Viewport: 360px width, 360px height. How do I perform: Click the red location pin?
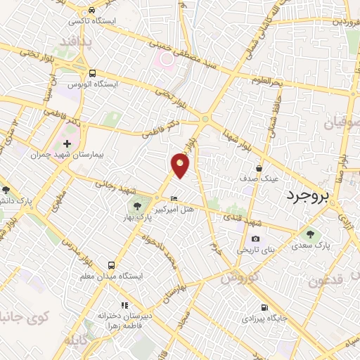181,165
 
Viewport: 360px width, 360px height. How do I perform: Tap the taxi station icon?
92,11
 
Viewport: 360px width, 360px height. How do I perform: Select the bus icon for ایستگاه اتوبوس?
92,72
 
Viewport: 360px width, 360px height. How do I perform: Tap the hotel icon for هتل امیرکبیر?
174,198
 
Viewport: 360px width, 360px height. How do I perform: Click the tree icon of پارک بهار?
138,205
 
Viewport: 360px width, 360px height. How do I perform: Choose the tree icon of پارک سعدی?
311,234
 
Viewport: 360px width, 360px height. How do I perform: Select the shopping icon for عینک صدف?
259,168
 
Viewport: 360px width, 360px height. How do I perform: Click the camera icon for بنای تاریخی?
255,239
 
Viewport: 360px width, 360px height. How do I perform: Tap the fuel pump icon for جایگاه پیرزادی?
264,307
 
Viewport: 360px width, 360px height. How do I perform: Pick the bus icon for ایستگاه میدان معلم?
111,265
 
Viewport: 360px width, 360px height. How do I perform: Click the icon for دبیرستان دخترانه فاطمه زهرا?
124,305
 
